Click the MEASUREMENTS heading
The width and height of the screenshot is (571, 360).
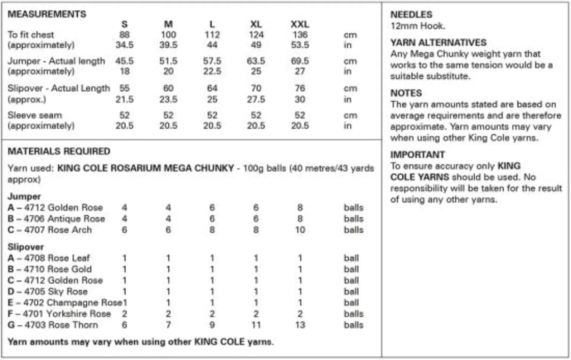pyautogui.click(x=47, y=14)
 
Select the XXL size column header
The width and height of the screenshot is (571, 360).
pyautogui.click(x=300, y=24)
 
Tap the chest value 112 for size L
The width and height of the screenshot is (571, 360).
pyautogui.click(x=212, y=35)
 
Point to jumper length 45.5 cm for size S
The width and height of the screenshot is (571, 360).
pyautogui.click(x=124, y=61)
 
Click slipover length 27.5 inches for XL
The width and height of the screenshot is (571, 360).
pyautogui.click(x=256, y=99)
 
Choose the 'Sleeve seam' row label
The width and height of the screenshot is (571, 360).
pyautogui.click(x=35, y=115)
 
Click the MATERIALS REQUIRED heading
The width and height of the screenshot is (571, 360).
pyautogui.click(x=59, y=151)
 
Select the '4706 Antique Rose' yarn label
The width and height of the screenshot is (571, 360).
pyautogui.click(x=64, y=219)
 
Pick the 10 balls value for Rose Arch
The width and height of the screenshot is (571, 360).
pyautogui.click(x=300, y=230)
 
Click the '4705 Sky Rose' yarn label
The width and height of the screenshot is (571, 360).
pyautogui.click(x=56, y=292)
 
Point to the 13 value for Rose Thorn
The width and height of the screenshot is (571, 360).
pyautogui.click(x=300, y=325)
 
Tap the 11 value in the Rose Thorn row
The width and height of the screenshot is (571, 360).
pyautogui.click(x=256, y=325)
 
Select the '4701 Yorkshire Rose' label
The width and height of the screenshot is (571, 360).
pyautogui.click(x=67, y=314)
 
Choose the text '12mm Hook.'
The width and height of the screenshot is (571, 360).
pyautogui.click(x=418, y=26)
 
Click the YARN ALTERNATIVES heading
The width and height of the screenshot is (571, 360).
pyautogui.click(x=438, y=42)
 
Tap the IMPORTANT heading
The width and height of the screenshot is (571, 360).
pyautogui.click(x=417, y=155)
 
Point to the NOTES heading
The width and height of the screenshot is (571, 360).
pyautogui.click(x=406, y=93)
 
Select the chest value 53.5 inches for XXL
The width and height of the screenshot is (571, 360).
pyautogui.click(x=300, y=45)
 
